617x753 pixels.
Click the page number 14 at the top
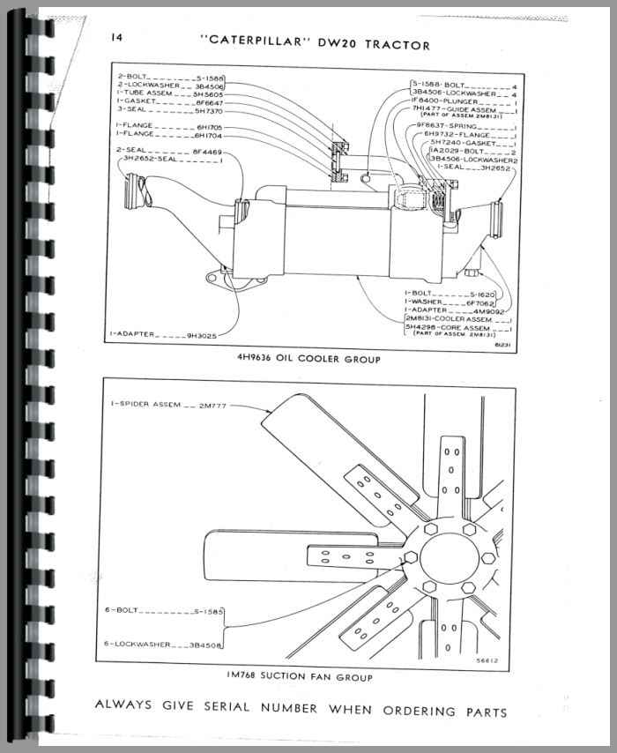(116, 38)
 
